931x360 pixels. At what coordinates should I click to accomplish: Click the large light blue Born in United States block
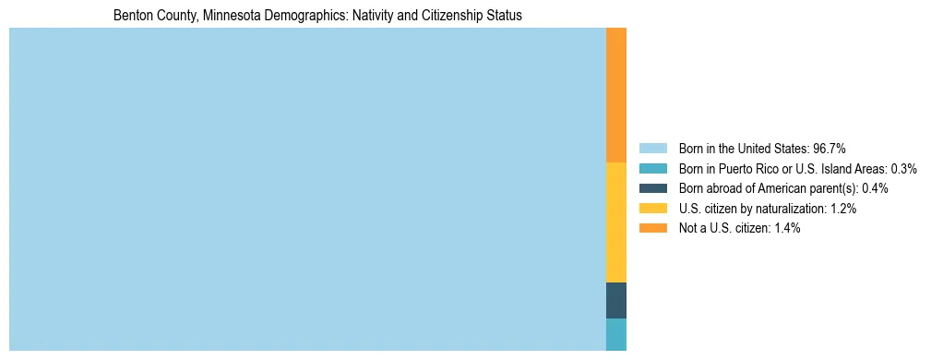(307, 189)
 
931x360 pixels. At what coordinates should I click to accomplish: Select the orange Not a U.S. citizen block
(616, 95)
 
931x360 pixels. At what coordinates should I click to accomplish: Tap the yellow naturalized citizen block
(616, 222)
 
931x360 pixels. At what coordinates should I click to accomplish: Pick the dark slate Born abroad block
(616, 300)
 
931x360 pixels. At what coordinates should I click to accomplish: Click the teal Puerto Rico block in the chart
(616, 334)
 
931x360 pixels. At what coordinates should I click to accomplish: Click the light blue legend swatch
(652, 148)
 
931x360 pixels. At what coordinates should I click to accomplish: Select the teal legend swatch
(652, 168)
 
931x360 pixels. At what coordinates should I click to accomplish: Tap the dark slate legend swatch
(652, 188)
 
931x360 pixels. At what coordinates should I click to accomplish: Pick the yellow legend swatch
(652, 209)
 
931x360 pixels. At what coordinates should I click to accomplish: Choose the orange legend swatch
(652, 228)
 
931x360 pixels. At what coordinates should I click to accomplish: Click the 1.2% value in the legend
(842, 209)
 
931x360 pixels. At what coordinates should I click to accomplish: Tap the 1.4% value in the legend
(786, 228)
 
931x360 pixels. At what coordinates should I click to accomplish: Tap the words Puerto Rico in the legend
(751, 168)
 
